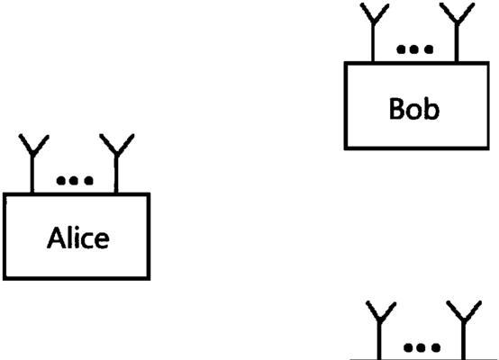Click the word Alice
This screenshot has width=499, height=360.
[78, 238]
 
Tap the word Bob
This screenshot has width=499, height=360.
[414, 109]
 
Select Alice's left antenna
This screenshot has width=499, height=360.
[32, 164]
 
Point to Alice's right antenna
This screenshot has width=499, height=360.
[116, 163]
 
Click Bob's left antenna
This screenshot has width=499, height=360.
[374, 32]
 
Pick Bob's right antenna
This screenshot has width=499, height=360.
[457, 32]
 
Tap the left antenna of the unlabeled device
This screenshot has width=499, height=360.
[379, 330]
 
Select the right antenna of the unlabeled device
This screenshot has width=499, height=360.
[464, 330]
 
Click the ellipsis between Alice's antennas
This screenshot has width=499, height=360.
[75, 181]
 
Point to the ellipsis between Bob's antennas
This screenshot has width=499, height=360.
[414, 49]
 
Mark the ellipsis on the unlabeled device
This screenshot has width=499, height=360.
[422, 347]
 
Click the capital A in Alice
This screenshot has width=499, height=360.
[56, 238]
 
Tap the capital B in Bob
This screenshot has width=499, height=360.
[397, 109]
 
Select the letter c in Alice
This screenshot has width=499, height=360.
[86, 240]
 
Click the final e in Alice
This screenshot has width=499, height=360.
[103, 240]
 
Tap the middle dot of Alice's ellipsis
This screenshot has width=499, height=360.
[74, 181]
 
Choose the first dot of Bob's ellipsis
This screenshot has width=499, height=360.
[401, 49]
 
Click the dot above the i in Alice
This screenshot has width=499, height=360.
[76, 228]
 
